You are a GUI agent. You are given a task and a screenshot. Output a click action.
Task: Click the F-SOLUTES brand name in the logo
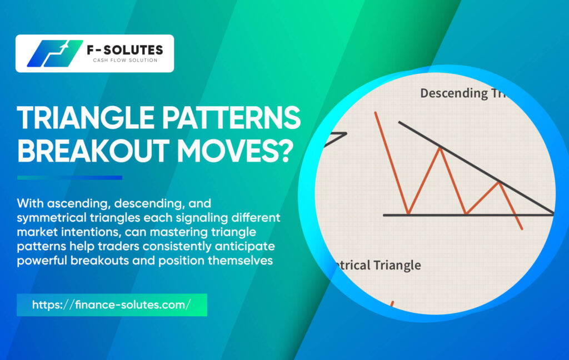tap(125, 49)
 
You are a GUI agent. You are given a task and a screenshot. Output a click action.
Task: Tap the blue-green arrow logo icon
tap(54, 53)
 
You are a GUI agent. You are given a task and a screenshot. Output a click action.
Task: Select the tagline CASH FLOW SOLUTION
tap(125, 60)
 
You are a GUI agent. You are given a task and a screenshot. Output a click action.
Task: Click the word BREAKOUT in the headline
tap(93, 150)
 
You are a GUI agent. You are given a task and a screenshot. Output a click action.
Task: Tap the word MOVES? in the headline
tap(235, 150)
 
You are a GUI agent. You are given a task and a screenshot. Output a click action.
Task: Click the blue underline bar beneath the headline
tap(69, 178)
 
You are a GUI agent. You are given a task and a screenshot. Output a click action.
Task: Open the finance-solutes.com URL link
tap(111, 305)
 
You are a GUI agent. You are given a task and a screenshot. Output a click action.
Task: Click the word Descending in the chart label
tap(454, 94)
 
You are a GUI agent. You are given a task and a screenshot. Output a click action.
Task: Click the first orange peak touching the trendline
tap(440, 148)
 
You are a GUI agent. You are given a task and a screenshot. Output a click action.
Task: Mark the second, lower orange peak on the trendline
tap(500, 183)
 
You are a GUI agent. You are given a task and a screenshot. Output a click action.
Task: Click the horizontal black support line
tap(468, 215)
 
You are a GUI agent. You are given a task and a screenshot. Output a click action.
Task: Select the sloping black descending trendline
tap(476, 168)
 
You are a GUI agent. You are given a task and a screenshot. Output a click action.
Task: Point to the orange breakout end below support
tap(522, 229)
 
